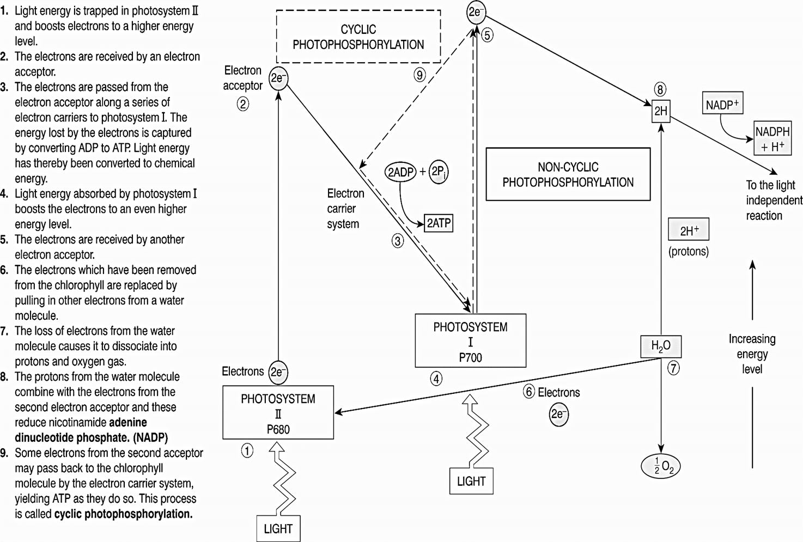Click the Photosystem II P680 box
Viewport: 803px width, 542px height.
(x=278, y=413)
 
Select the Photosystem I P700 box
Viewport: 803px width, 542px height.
(x=470, y=341)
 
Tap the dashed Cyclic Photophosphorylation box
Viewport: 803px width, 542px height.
(x=358, y=37)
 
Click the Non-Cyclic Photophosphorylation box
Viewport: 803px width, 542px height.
(x=568, y=174)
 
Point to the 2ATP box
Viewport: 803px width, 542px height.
(x=439, y=223)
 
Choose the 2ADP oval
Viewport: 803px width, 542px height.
(x=400, y=172)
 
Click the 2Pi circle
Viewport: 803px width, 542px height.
(x=439, y=172)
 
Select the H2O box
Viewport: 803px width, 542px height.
(x=660, y=346)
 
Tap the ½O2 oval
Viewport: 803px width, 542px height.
(x=660, y=467)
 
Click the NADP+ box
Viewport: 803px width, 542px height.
(x=722, y=103)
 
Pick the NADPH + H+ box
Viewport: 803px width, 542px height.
(x=772, y=139)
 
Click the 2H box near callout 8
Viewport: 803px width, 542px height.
(x=660, y=111)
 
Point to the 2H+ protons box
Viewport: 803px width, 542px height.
(x=689, y=230)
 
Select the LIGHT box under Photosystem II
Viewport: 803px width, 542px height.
(x=278, y=528)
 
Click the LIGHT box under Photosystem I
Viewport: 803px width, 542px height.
(x=471, y=481)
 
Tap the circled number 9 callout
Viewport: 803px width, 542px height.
(x=419, y=75)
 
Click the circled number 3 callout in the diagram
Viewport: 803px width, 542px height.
(x=398, y=241)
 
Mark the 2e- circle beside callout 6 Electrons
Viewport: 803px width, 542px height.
(x=558, y=415)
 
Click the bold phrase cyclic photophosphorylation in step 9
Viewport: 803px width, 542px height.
(x=123, y=514)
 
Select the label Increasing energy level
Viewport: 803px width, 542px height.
(x=752, y=354)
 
